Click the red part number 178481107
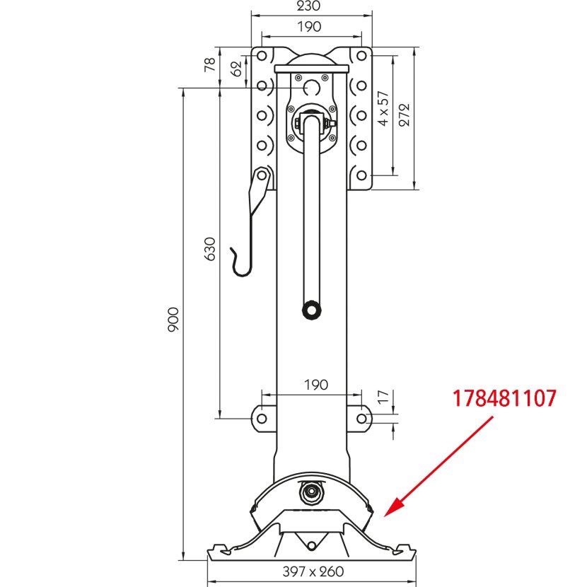pos(504,398)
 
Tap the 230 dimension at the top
pos(308,6)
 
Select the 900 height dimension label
pos(173,320)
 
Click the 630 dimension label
pos(210,249)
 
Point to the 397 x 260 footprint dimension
pos(313,571)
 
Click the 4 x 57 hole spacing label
pos(383,108)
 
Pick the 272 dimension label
pos(405,115)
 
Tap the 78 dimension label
pos(210,64)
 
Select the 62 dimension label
pos(236,69)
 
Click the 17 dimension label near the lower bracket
pos(383,397)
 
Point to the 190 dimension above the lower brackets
pos(316,385)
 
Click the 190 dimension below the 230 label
pos(309,27)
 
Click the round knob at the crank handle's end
pos(311,310)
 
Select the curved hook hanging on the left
pos(242,262)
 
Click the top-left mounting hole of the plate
pos(262,56)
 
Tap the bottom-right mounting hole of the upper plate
pos(361,175)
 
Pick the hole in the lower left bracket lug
pos(262,418)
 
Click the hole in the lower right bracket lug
pos(361,418)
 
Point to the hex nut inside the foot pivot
pos(311,491)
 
